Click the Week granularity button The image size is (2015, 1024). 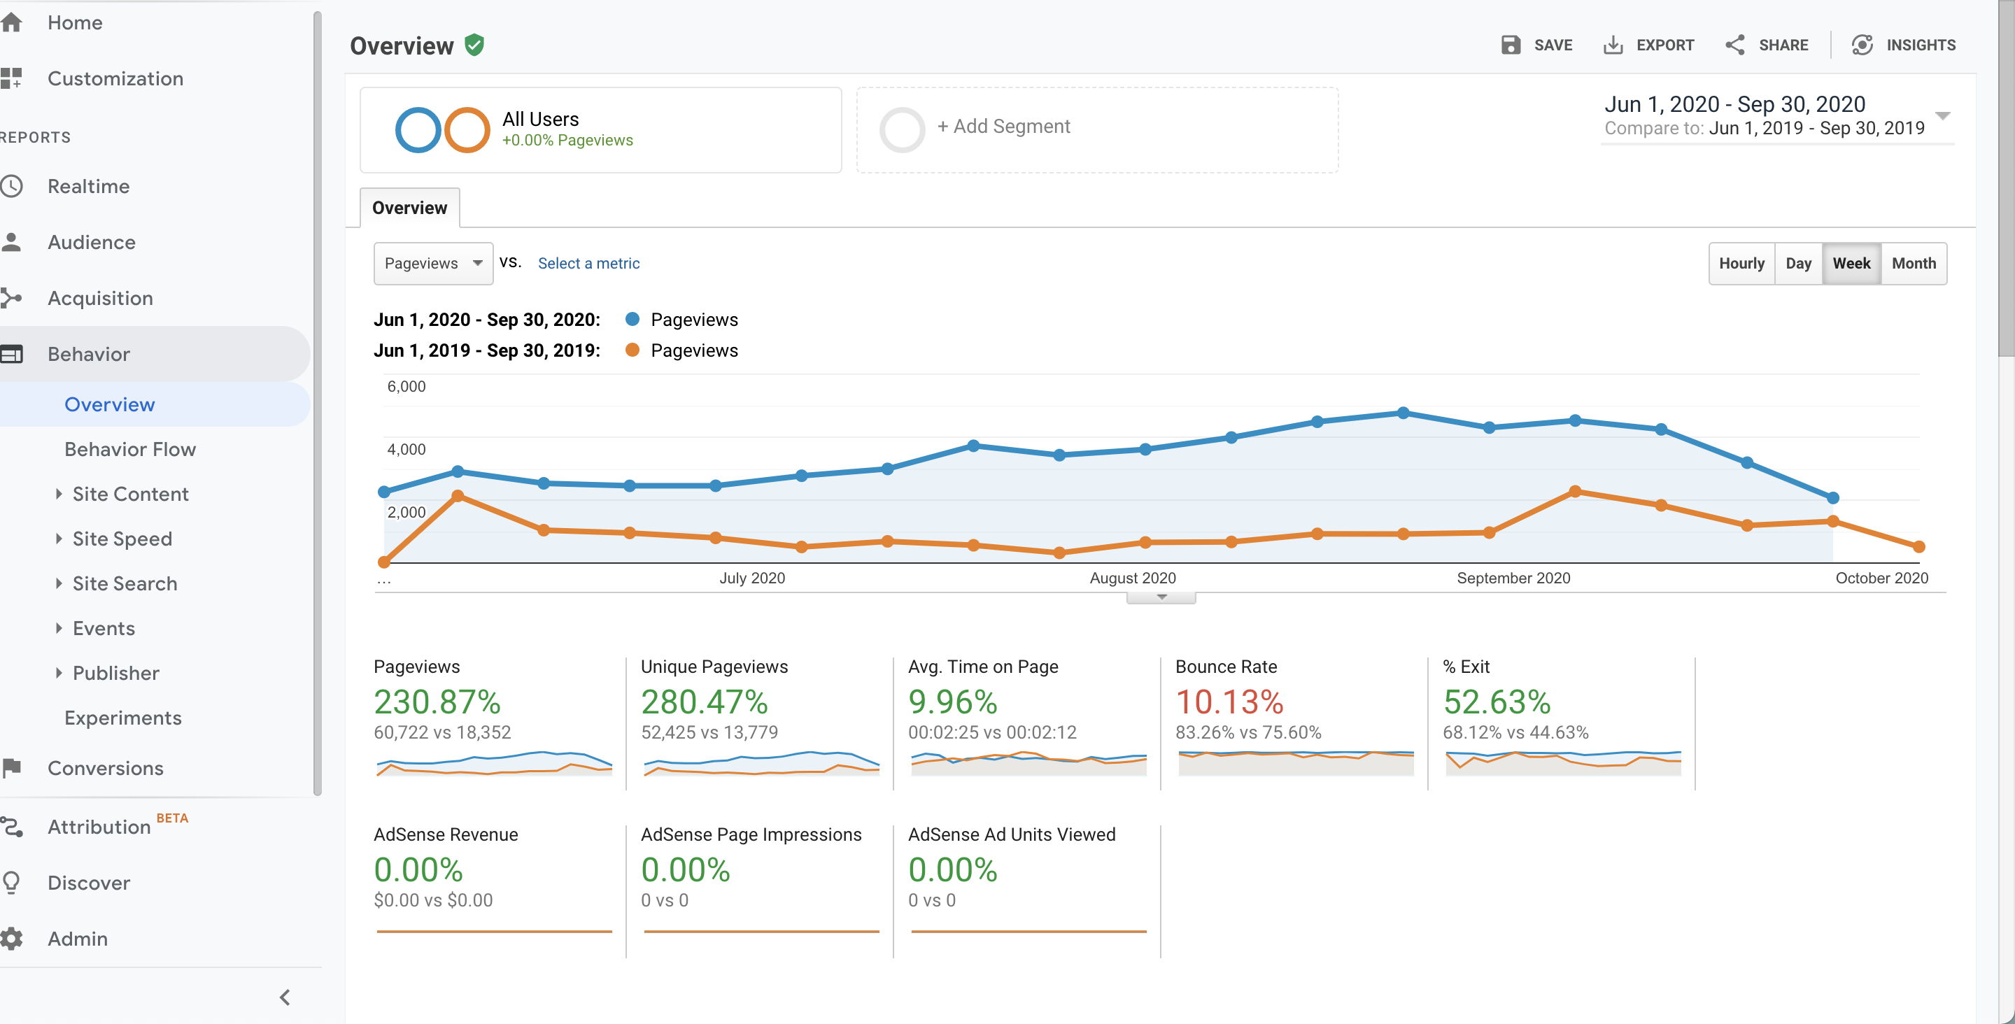click(x=1851, y=264)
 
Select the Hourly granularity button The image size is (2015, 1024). click(x=1741, y=264)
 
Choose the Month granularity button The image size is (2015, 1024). click(x=1914, y=264)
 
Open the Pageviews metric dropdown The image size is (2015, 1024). click(x=432, y=264)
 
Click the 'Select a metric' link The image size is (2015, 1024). click(x=588, y=264)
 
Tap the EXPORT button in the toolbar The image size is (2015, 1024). click(x=1648, y=45)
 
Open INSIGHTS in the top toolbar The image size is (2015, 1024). click(x=1903, y=45)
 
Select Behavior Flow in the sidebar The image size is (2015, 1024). click(x=130, y=449)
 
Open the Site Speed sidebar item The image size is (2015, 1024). click(x=122, y=539)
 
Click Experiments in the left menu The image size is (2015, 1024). click(x=123, y=718)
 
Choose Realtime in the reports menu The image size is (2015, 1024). click(x=88, y=186)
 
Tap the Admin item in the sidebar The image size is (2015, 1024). click(x=78, y=939)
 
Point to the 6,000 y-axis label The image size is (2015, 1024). click(x=406, y=386)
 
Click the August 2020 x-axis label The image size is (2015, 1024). click(x=1133, y=578)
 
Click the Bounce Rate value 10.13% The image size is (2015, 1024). click(x=1229, y=702)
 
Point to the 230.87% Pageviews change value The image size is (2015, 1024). click(x=437, y=702)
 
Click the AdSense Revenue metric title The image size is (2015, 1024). click(x=446, y=834)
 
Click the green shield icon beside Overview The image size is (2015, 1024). click(x=474, y=45)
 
